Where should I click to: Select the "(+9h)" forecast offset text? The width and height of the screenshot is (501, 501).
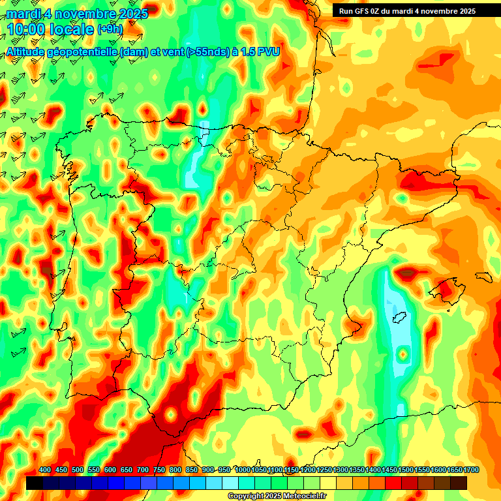tap(110, 29)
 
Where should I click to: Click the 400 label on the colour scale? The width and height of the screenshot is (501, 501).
tap(45, 470)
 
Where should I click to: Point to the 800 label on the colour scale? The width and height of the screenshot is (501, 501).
tap(175, 470)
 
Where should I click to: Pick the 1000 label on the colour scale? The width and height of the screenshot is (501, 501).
tap(243, 470)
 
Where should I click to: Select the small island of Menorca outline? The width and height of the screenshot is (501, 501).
tap(483, 277)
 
